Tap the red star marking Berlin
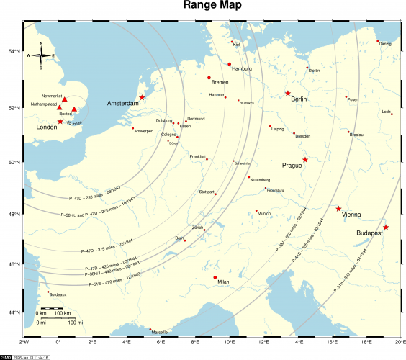(x=288, y=94)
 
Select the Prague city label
(x=292, y=166)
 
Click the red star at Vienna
(x=338, y=209)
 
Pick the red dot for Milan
(x=215, y=277)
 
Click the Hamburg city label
(x=242, y=68)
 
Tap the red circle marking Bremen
(x=209, y=78)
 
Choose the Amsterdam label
(x=122, y=104)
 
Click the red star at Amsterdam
(x=142, y=97)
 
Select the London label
(x=47, y=127)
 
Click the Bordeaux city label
(x=58, y=294)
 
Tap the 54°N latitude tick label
(x=12, y=51)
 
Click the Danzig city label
(x=385, y=44)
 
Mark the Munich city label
(x=264, y=213)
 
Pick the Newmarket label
(x=53, y=96)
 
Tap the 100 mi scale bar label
(x=76, y=322)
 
